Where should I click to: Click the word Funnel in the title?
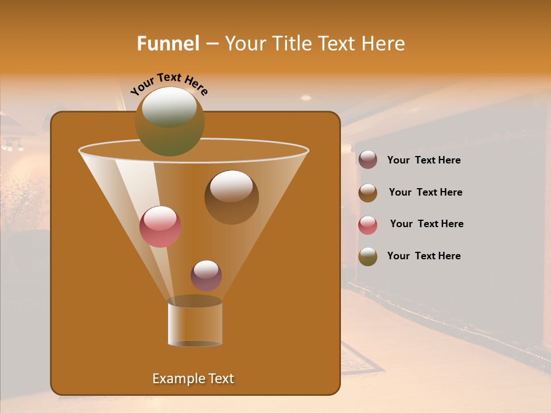(168, 44)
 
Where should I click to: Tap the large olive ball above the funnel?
(169, 122)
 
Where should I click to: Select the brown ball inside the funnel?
(231, 197)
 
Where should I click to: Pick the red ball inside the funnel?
(160, 227)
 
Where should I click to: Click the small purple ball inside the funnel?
(206, 275)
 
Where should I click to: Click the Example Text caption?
(193, 379)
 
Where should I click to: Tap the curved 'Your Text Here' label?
(169, 83)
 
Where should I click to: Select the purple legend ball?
(368, 160)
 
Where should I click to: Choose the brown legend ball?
(368, 193)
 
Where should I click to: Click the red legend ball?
(368, 225)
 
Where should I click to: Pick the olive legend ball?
(368, 256)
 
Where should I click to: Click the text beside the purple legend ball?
(424, 161)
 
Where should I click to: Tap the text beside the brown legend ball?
(425, 193)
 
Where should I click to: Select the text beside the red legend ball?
(426, 224)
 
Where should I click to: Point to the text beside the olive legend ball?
(424, 256)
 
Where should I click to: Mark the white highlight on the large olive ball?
(169, 107)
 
